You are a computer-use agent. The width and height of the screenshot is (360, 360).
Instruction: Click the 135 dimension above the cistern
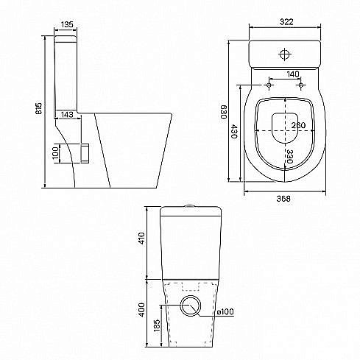tap(67, 24)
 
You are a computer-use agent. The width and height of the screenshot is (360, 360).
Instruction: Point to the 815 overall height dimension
tap(39, 108)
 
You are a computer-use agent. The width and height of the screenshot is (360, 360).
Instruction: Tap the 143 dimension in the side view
tap(67, 114)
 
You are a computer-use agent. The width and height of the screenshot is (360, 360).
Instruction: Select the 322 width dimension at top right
tap(286, 21)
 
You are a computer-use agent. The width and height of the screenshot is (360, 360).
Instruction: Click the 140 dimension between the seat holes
tap(293, 74)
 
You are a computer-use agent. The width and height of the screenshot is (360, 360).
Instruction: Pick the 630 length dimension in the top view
tap(223, 112)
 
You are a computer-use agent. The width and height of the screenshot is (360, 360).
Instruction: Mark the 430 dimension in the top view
tap(234, 131)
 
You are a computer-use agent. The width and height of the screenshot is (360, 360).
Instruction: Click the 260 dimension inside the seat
tap(299, 125)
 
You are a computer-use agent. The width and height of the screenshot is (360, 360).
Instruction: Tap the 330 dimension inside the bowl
tap(289, 156)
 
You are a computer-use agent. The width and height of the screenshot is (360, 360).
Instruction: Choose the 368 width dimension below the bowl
tap(283, 199)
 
